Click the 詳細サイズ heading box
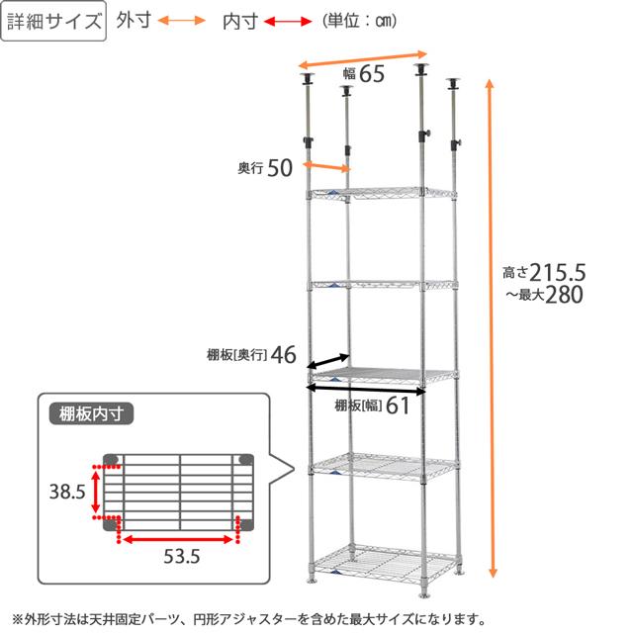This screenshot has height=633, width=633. pyautogui.click(x=55, y=22)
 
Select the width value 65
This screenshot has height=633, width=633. pyautogui.click(x=371, y=75)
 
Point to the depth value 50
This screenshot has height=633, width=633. pyautogui.click(x=280, y=169)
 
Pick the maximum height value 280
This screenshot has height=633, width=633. pyautogui.click(x=566, y=295)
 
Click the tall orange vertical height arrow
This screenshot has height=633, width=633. pyautogui.click(x=491, y=326)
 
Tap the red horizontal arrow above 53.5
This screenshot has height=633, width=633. pyautogui.click(x=179, y=539)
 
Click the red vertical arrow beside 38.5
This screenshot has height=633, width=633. pyautogui.click(x=95, y=491)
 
